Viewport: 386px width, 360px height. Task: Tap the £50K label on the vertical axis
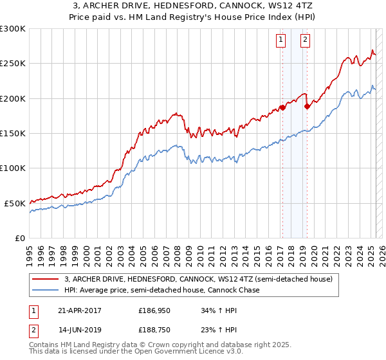(15, 203)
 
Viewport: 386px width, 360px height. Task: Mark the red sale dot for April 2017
(282, 108)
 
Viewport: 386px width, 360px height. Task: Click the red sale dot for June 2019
(307, 107)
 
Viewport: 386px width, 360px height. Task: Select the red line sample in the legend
(46, 279)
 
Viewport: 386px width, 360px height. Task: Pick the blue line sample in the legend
(46, 290)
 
